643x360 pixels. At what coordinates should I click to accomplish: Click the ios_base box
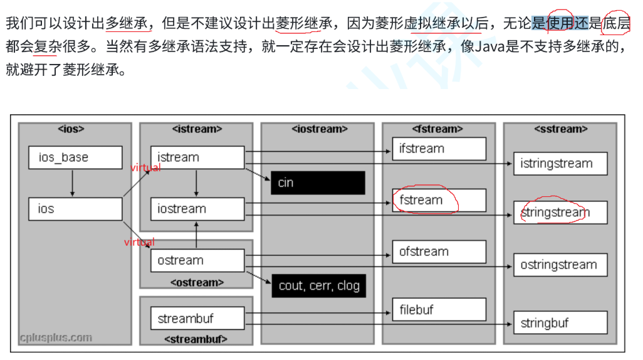(x=75, y=157)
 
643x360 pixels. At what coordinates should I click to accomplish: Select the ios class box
(x=75, y=209)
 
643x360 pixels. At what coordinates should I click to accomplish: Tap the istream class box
(x=197, y=157)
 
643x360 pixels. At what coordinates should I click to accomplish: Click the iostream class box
(x=197, y=209)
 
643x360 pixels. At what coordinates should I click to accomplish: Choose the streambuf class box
(x=197, y=319)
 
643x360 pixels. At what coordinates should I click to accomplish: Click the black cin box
(x=318, y=183)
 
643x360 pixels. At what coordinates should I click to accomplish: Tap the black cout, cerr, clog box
(x=318, y=286)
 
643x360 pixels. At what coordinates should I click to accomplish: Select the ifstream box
(x=439, y=149)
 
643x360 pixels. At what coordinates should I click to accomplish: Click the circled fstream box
(x=439, y=200)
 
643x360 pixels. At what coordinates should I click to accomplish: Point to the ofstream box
(x=439, y=251)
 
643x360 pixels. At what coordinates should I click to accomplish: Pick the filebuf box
(x=439, y=309)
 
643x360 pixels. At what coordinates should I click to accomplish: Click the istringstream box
(x=560, y=164)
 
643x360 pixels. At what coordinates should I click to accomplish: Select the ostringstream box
(x=560, y=265)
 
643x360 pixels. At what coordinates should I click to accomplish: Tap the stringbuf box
(x=560, y=323)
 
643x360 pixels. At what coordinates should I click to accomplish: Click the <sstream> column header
(x=560, y=129)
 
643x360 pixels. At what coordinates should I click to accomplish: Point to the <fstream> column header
(x=438, y=129)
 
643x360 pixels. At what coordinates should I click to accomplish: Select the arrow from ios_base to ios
(x=73, y=183)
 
